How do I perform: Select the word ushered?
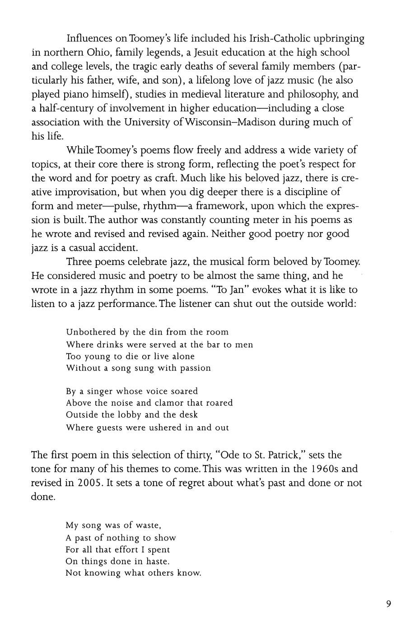tap(159, 428)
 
